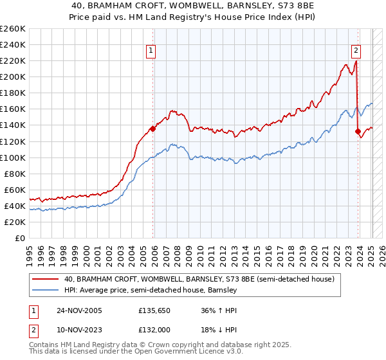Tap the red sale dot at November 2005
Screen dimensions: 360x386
pyautogui.click(x=152, y=129)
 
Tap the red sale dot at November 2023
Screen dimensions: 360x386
pyautogui.click(x=358, y=131)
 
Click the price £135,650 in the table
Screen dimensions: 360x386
pyautogui.click(x=153, y=311)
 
